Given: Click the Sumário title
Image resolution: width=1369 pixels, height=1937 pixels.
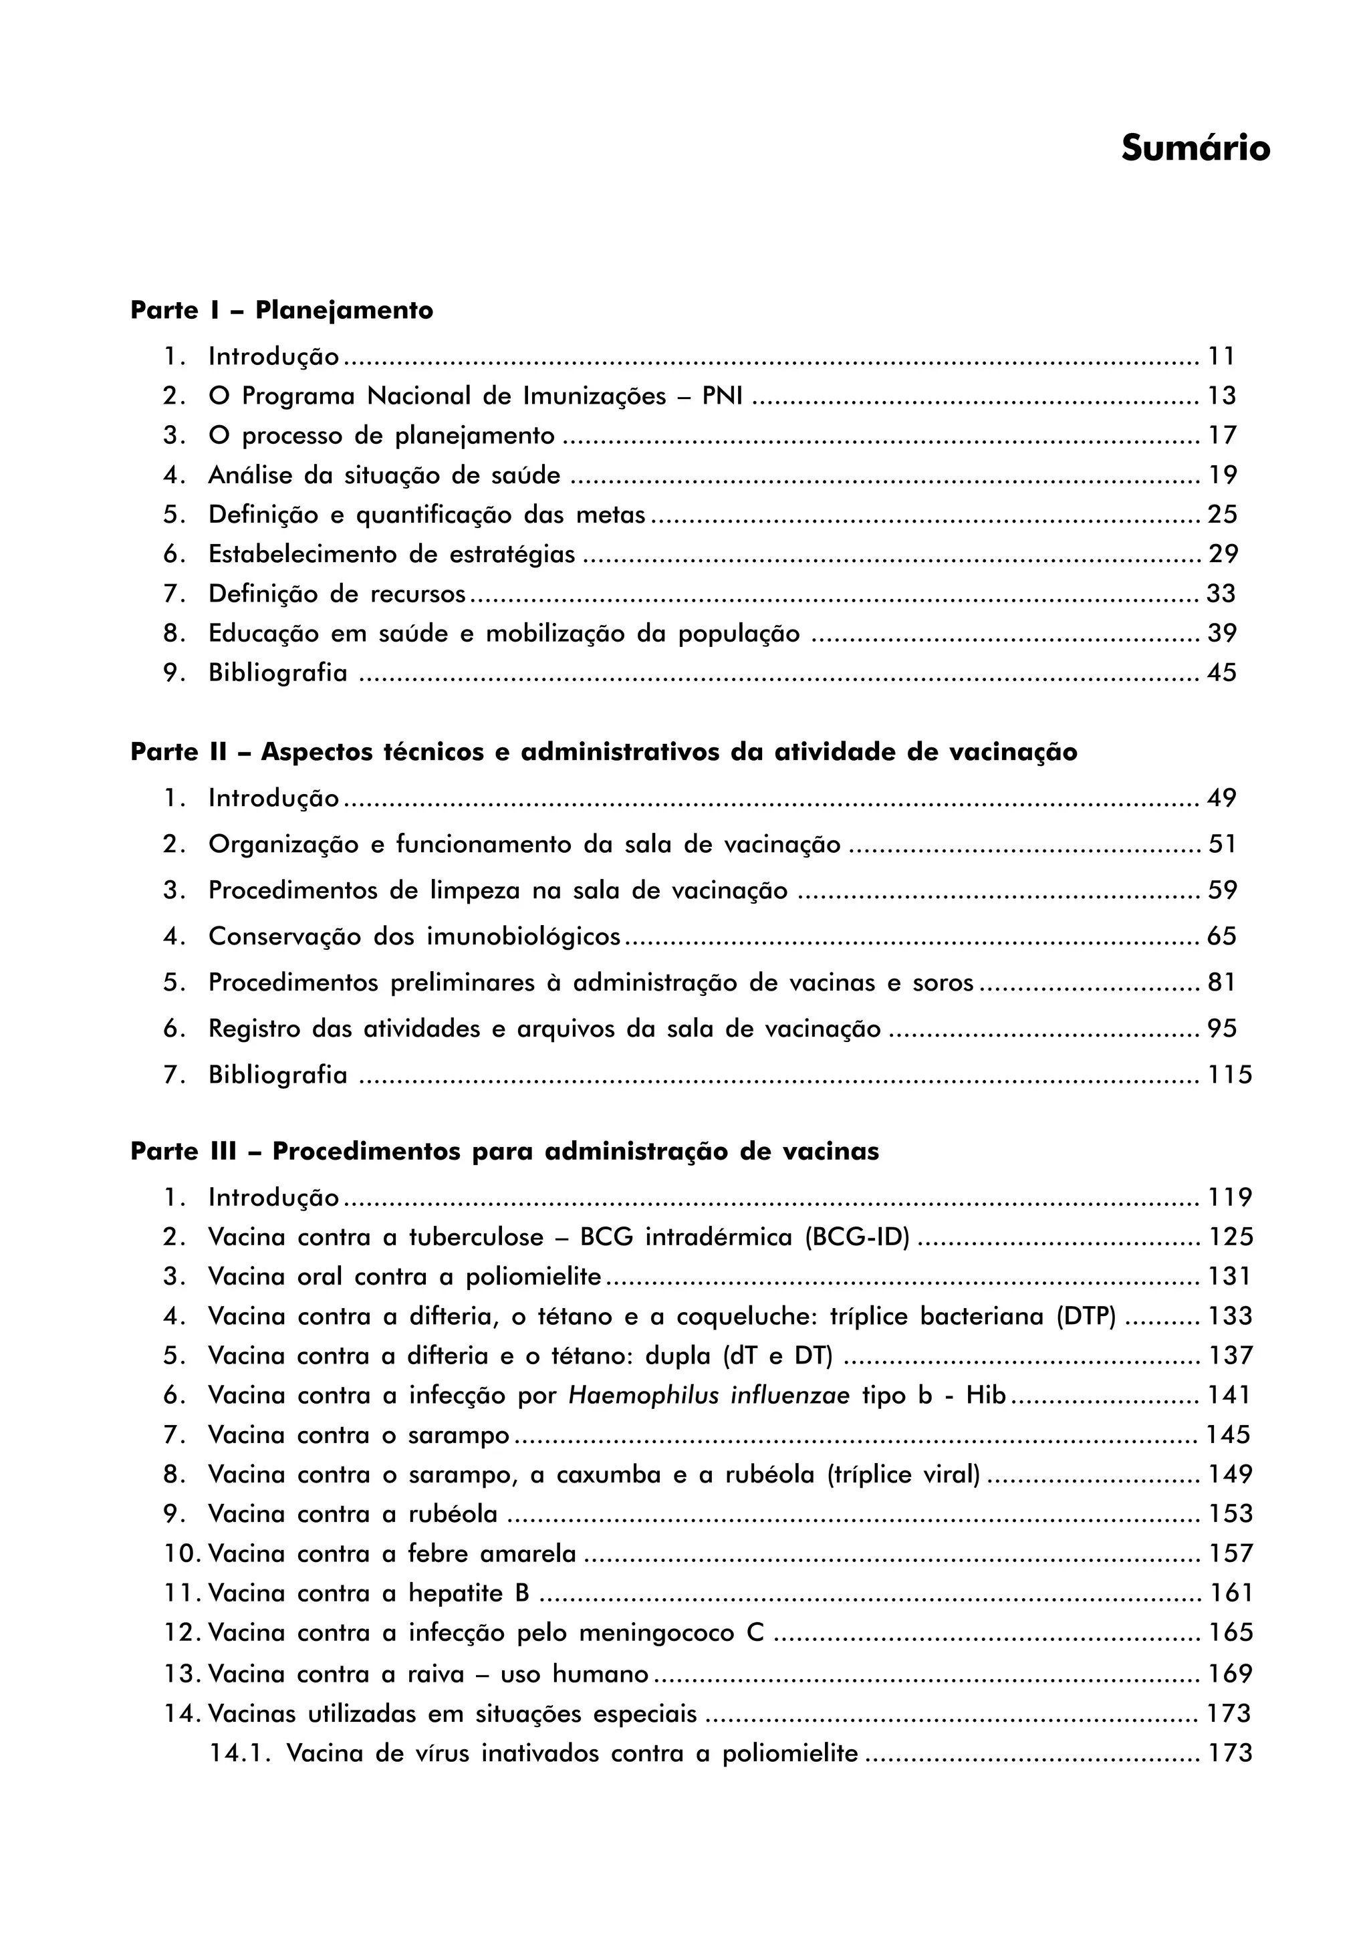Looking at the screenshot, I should (x=1195, y=148).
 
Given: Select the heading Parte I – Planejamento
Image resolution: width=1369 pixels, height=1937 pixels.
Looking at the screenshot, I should (x=281, y=310).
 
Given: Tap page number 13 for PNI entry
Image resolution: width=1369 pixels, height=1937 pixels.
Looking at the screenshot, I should (x=1221, y=396).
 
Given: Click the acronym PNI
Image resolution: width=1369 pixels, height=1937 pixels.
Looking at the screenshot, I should (x=722, y=396).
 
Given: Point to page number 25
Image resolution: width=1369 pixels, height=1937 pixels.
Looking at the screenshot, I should (x=1221, y=514).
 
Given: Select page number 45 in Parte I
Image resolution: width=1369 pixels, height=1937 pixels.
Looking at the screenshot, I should (x=1221, y=672).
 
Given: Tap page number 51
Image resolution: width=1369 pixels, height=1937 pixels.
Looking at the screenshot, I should (x=1221, y=844).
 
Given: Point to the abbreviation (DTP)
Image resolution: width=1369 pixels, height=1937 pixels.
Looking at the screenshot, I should (x=1086, y=1316).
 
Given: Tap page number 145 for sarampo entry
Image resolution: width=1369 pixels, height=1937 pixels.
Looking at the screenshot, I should (x=1228, y=1435).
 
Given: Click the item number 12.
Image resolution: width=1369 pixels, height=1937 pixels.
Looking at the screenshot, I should (x=180, y=1632).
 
